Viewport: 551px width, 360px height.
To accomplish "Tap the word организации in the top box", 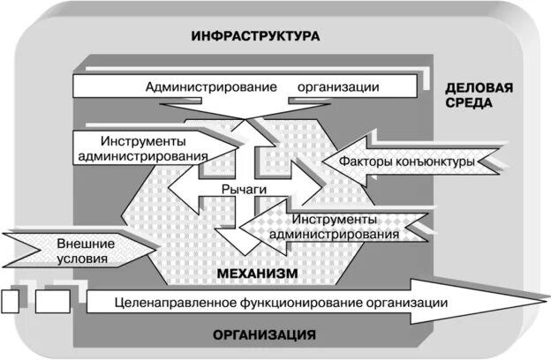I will pyautogui.click(x=338, y=87).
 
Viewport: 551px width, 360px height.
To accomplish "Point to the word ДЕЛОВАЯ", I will pyautogui.click(x=479, y=88).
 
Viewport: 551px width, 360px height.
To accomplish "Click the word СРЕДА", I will pyautogui.click(x=470, y=103).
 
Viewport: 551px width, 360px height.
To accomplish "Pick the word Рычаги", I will pyautogui.click(x=244, y=188).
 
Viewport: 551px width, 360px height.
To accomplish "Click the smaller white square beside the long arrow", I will pyautogui.click(x=10, y=302).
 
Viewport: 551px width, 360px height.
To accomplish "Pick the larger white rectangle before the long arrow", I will pyautogui.click(x=52, y=302).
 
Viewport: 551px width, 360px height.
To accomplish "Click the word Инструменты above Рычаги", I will pyautogui.click(x=143, y=140).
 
